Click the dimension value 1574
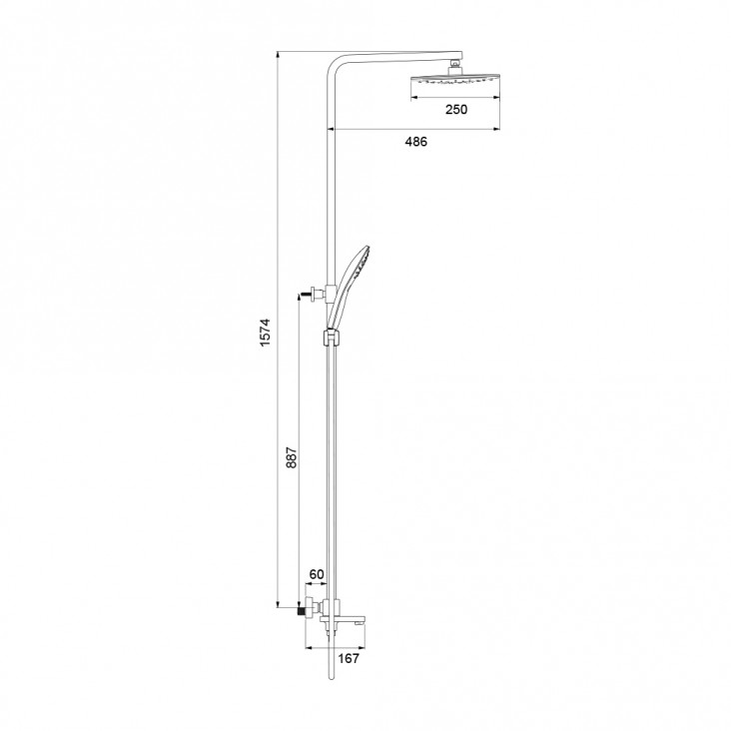pyautogui.click(x=266, y=332)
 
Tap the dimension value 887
pyautogui.click(x=291, y=457)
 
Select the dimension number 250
pyautogui.click(x=456, y=110)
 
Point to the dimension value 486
pyautogui.click(x=415, y=141)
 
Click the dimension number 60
pyautogui.click(x=317, y=574)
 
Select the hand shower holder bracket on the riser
pyautogui.click(x=331, y=338)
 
